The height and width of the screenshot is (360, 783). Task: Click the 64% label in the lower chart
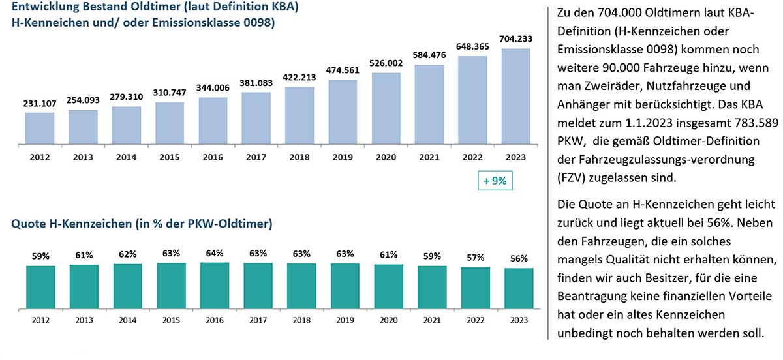coord(215,253)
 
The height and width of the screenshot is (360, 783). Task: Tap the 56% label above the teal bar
coord(519,258)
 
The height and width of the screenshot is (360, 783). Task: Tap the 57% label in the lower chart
coord(476,257)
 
